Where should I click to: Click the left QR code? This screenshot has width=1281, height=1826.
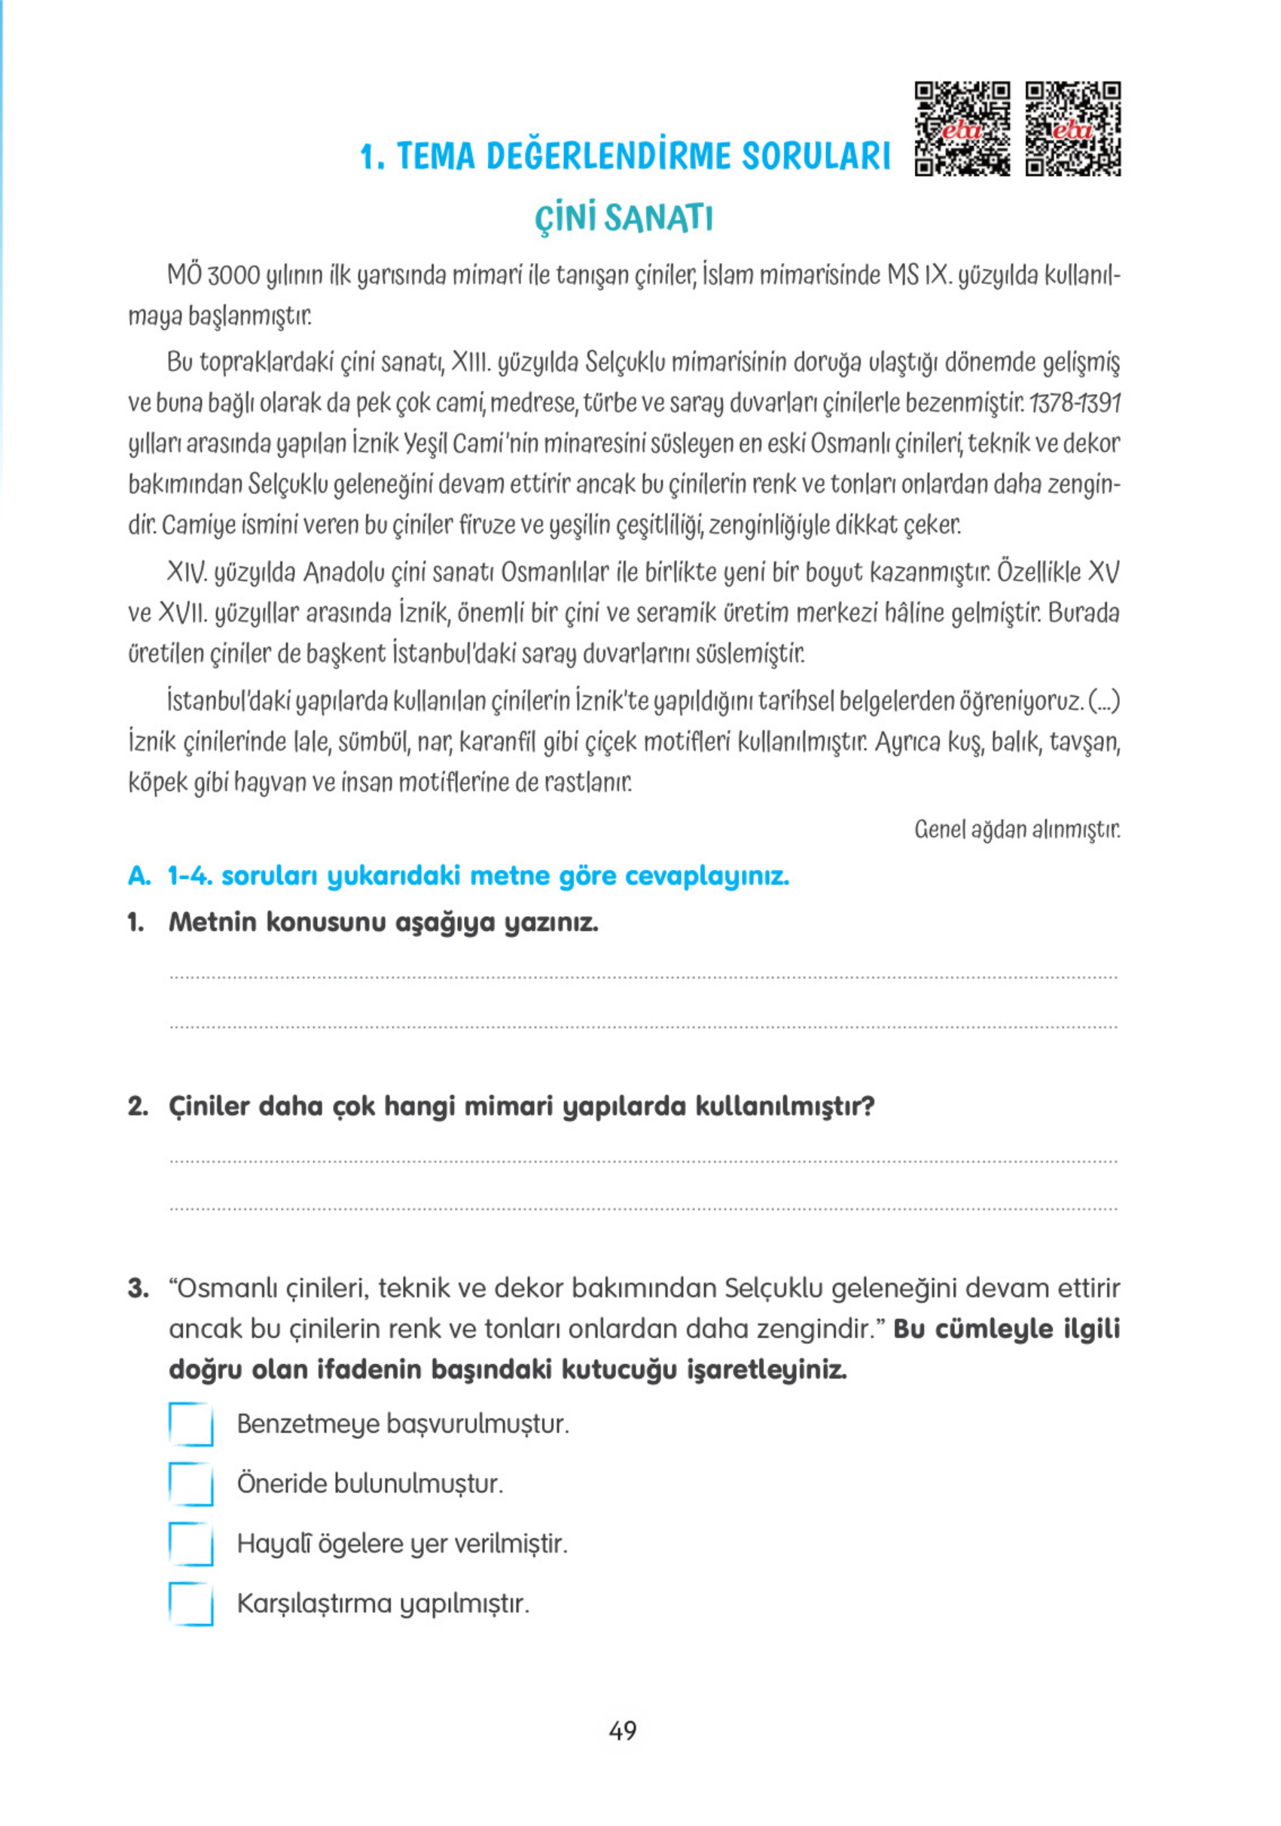962,128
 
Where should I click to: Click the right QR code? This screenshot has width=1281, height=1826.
1072,128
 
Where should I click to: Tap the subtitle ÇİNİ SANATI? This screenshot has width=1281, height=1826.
623,218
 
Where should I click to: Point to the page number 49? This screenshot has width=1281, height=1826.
623,1730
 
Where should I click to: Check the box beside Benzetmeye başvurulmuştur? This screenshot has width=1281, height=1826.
191,1424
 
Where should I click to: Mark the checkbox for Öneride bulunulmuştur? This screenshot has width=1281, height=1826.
191,1484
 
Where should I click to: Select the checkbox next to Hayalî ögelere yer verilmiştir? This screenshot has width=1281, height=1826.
191,1544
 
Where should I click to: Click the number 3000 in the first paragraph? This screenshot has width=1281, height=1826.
233,276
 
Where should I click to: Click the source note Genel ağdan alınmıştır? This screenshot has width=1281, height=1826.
1016,830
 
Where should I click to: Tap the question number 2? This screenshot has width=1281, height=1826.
138,1107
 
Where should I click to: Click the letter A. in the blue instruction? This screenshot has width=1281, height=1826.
139,876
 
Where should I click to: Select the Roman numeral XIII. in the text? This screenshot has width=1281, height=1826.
471,362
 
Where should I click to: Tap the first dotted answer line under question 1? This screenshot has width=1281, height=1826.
642,976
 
